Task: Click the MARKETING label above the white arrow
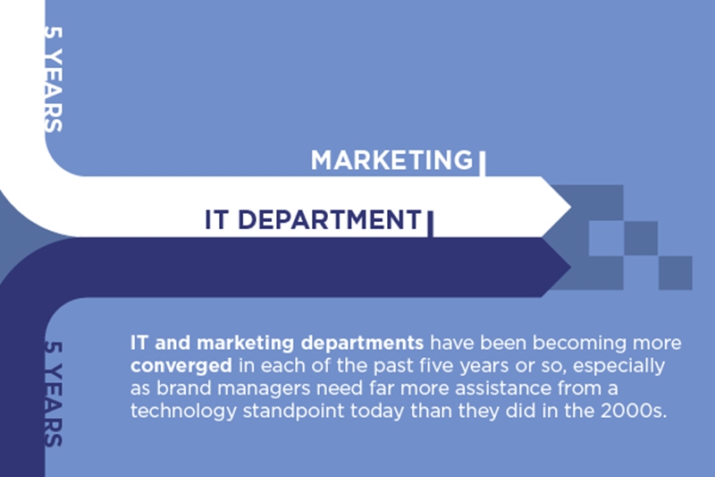tap(392, 160)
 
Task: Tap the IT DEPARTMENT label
tap(314, 219)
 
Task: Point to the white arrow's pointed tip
tap(571, 207)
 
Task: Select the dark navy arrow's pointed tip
tap(571, 267)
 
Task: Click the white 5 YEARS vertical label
tap(54, 79)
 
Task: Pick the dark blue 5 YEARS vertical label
tap(54, 394)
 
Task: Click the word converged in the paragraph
tap(181, 366)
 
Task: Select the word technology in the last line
tap(183, 412)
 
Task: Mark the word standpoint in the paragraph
tap(293, 412)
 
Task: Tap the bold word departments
tap(363, 344)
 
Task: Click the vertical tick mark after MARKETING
tap(482, 164)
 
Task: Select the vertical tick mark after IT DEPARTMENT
tap(430, 224)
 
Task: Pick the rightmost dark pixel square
tap(676, 273)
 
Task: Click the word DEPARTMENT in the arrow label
tap(330, 219)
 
